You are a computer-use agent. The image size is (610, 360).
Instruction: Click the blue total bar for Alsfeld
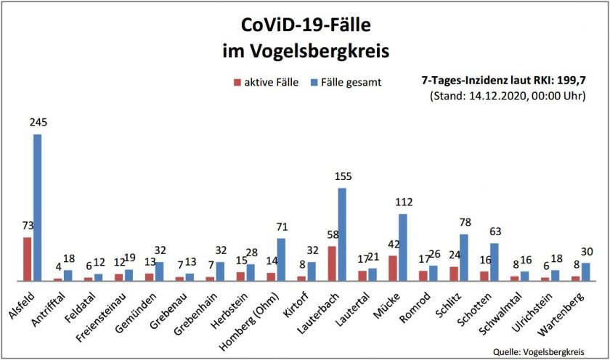click(x=37, y=207)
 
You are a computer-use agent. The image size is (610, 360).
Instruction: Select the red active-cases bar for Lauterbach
click(x=332, y=263)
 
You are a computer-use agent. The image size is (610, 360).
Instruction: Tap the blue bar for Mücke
click(x=402, y=247)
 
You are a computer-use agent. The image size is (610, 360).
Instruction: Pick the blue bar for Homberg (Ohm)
click(x=281, y=260)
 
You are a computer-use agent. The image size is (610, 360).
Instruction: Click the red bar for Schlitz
click(x=454, y=274)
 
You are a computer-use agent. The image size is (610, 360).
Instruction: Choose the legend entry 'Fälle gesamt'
click(x=351, y=82)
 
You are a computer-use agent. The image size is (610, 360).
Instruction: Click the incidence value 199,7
click(x=570, y=81)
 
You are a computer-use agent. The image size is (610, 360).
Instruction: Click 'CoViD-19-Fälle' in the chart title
click(x=306, y=27)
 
